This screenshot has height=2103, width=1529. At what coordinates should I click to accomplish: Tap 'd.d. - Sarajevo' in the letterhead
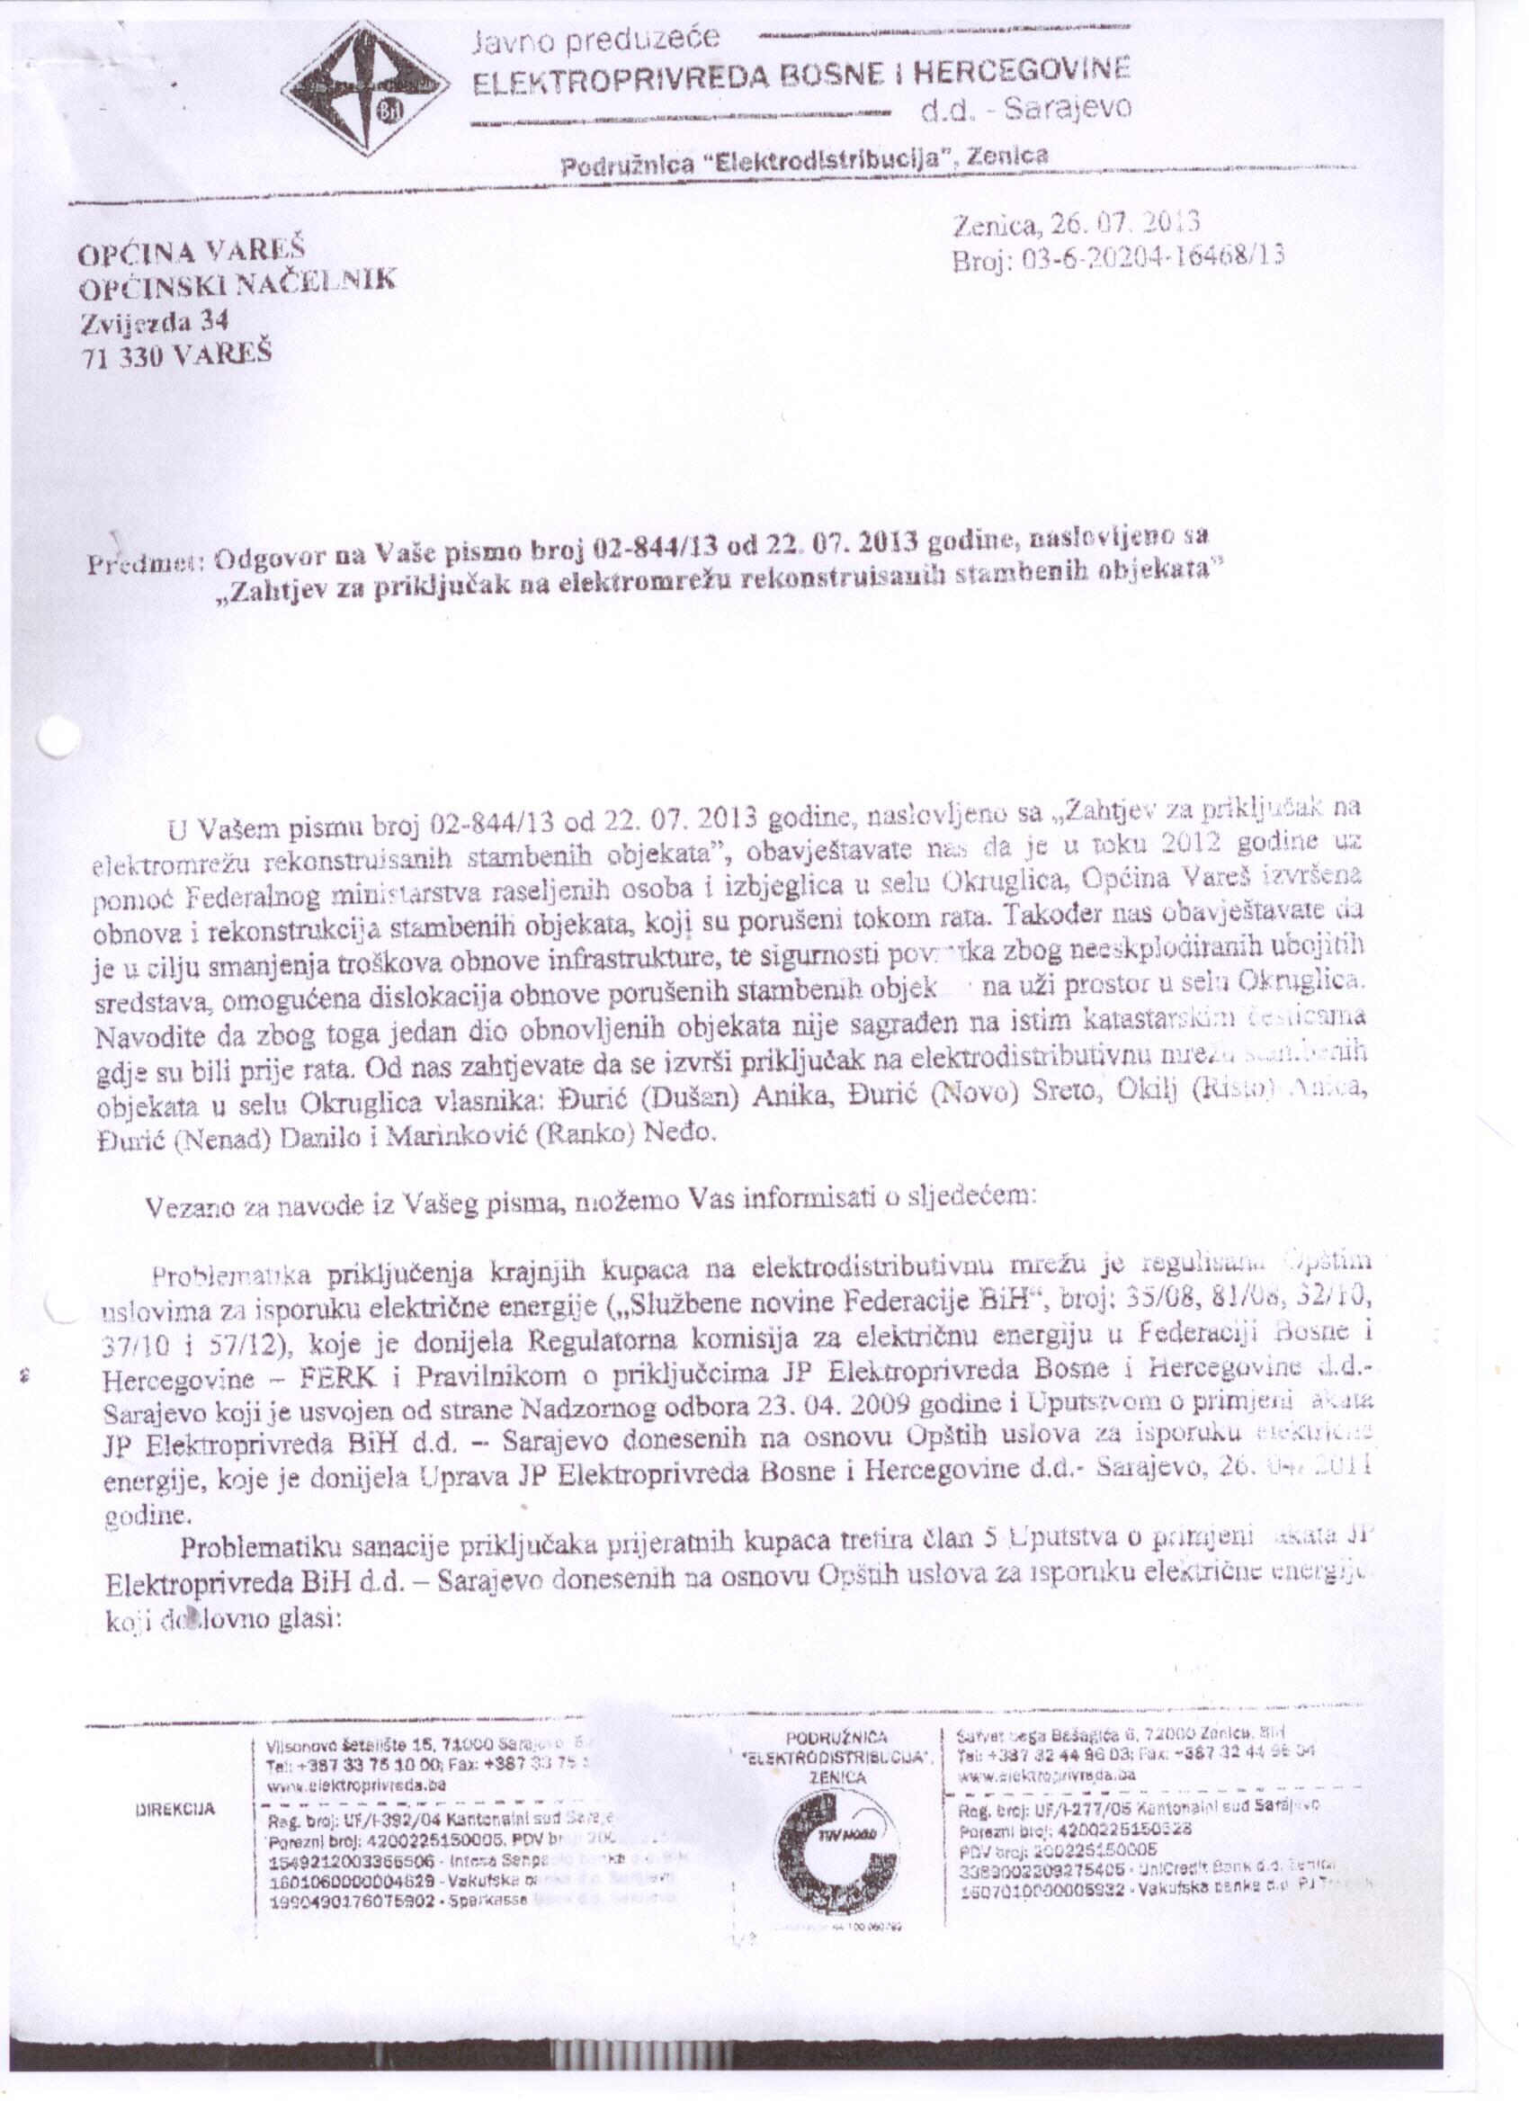1025,111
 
